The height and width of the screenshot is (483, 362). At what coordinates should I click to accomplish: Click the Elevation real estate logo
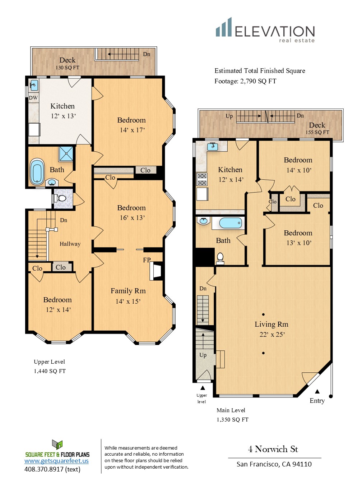point(265,30)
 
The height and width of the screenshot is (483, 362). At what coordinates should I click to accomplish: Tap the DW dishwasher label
point(33,98)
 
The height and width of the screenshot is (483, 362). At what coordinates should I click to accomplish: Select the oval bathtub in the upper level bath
point(37,172)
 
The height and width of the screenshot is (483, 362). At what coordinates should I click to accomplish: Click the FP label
point(147,260)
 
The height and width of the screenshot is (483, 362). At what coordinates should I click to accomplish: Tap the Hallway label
point(70,244)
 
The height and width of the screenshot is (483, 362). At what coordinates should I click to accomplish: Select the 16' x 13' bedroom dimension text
point(132,218)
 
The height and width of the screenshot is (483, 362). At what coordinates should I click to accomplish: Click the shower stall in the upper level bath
point(66,154)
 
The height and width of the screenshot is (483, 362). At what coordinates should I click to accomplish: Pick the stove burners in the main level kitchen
point(202,179)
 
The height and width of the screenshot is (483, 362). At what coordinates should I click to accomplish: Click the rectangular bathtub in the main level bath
point(231,223)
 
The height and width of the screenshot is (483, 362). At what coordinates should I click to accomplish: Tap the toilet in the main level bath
point(220,258)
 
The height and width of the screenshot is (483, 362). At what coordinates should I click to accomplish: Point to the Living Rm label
point(271,324)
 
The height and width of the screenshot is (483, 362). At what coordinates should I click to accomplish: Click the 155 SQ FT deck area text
point(317,132)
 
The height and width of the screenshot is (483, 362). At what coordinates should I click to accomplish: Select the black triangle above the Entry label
point(317,391)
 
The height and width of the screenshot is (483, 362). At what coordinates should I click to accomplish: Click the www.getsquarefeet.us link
point(56,461)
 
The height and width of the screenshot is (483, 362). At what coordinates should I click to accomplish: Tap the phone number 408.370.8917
point(44,469)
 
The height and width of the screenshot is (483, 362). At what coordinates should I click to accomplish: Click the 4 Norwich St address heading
point(273,449)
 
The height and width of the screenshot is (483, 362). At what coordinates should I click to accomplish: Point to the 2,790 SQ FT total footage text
point(258,81)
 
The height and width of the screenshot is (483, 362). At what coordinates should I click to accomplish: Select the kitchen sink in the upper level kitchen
point(34,86)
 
